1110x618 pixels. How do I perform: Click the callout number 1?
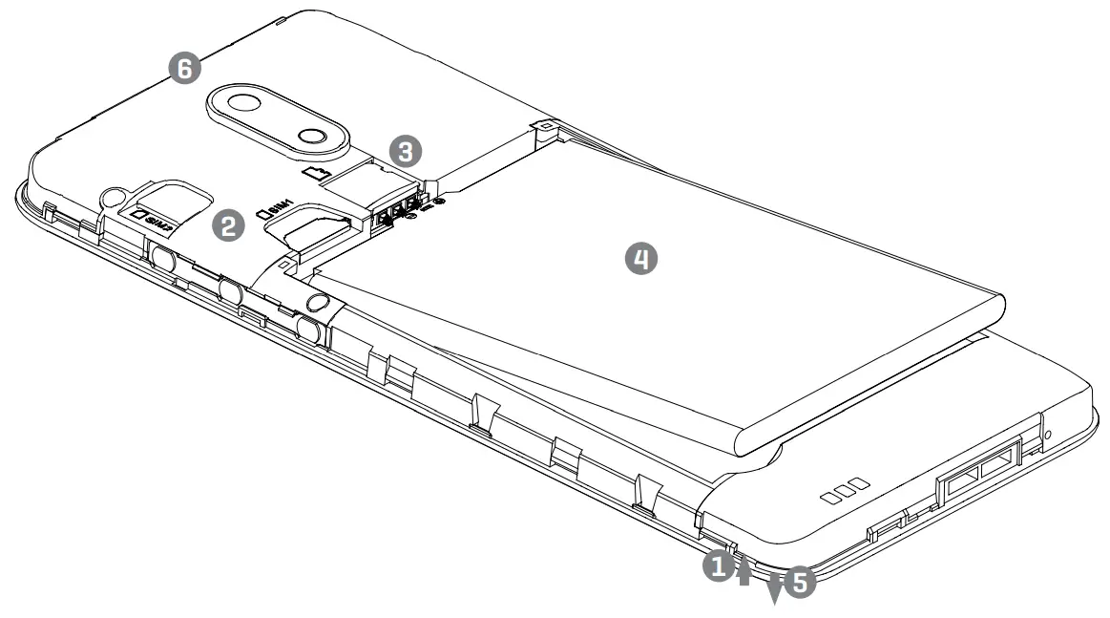(717, 565)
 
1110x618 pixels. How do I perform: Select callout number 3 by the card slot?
(406, 150)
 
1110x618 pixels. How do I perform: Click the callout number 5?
(800, 583)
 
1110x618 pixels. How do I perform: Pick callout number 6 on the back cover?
(184, 67)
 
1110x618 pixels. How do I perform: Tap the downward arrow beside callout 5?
(774, 589)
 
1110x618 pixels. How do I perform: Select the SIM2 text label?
(153, 220)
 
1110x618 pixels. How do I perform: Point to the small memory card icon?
(315, 172)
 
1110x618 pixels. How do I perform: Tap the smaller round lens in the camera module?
(311, 135)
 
